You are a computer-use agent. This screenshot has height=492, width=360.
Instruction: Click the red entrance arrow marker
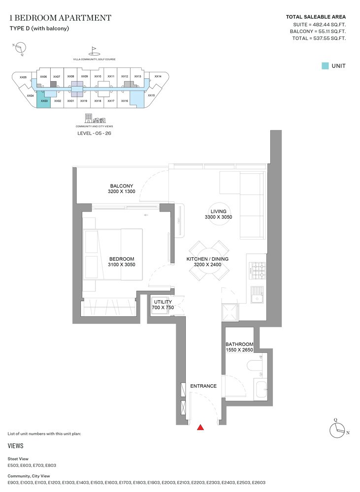point(200,428)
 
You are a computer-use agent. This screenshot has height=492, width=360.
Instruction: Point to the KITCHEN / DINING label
point(207,259)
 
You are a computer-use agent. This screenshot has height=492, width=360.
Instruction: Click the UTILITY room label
point(163,302)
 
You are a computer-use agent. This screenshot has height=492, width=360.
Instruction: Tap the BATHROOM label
point(239,344)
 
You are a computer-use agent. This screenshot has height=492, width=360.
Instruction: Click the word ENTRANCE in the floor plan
point(203,386)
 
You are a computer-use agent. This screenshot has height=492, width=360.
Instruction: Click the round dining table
point(207,260)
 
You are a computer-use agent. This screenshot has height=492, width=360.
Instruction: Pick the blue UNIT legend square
point(325,65)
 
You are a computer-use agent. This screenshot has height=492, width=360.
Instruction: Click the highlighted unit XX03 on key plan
point(44,101)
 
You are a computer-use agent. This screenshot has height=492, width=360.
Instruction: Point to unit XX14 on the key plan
point(158,77)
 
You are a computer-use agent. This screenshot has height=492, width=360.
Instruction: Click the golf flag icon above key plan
point(94,51)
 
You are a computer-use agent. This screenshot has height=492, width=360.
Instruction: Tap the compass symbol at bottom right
point(337,430)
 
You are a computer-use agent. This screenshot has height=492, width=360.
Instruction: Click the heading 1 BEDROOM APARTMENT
point(60,18)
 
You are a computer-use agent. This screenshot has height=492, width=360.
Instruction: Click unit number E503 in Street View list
point(13,465)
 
